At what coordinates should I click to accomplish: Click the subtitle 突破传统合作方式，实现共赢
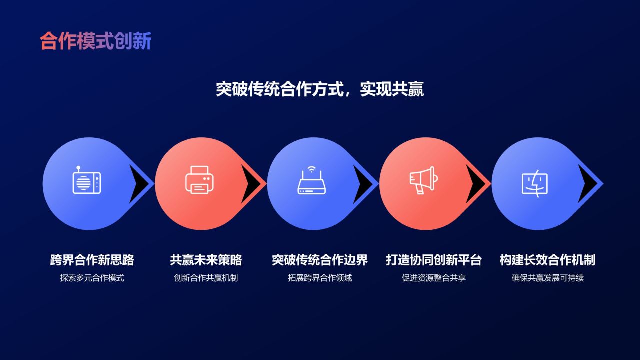tap(320, 89)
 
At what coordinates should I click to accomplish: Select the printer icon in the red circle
tap(199, 180)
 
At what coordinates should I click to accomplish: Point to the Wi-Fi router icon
tap(311, 180)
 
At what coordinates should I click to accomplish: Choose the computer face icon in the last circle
tap(535, 183)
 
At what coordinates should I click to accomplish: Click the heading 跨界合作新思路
tap(92, 260)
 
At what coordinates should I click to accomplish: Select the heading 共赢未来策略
tap(206, 260)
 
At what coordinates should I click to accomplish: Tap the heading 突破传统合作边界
tap(320, 260)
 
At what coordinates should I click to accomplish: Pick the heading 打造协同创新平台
tap(433, 260)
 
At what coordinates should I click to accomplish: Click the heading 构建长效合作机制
tap(547, 260)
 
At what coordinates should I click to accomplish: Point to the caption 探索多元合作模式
tap(92, 278)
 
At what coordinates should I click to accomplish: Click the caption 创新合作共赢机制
tap(206, 278)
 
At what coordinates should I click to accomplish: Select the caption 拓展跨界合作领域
tap(320, 278)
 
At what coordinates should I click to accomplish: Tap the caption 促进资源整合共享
tap(433, 278)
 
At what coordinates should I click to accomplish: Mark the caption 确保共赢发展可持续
tap(547, 278)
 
